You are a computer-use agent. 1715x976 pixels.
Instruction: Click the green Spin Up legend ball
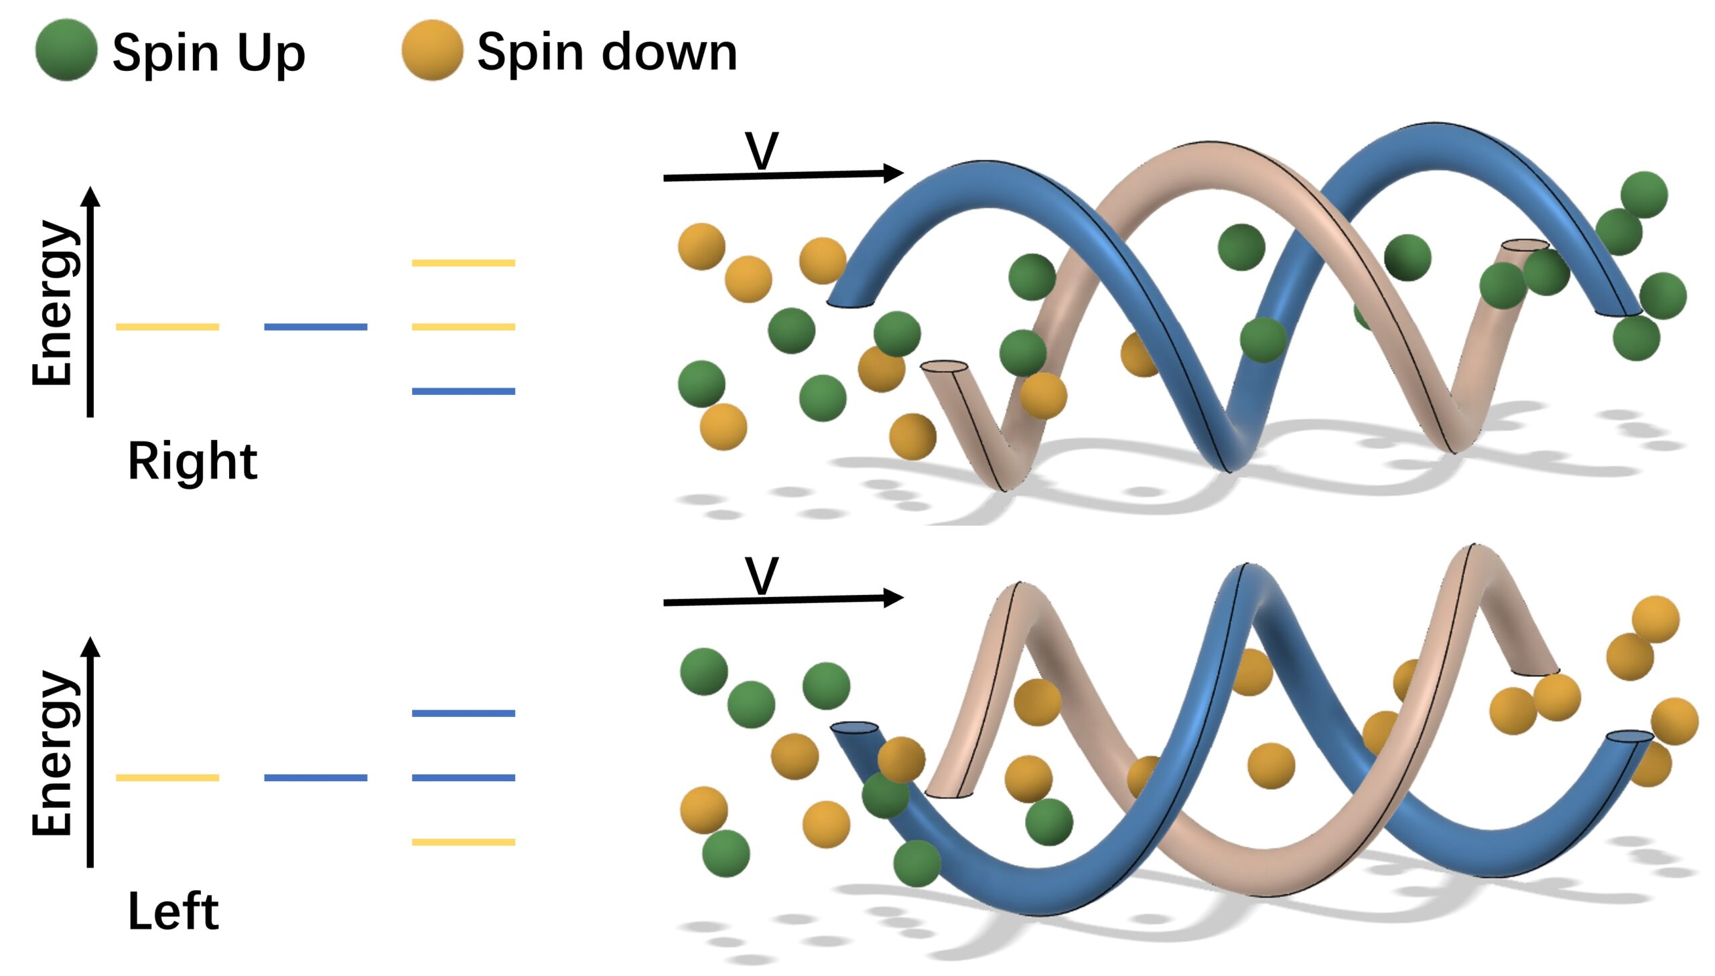pos(66,50)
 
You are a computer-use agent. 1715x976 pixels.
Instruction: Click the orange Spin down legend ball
pos(432,50)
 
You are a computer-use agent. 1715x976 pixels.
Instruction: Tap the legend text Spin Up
pos(208,52)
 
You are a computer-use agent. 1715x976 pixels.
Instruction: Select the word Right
pos(192,462)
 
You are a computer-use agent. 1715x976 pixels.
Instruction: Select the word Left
pos(173,912)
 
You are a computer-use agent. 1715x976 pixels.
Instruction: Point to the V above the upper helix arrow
pos(762,151)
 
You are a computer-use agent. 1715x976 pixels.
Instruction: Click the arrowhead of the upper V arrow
pos(895,173)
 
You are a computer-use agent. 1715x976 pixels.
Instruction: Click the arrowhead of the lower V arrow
pos(895,597)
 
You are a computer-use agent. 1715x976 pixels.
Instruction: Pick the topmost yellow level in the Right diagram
pos(464,263)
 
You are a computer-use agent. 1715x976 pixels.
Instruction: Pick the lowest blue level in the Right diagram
pos(464,391)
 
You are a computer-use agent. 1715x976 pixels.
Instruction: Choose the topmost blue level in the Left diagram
pos(464,713)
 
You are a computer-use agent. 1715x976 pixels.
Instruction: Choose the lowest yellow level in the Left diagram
pos(464,842)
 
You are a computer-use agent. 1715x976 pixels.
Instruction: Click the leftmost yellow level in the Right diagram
pos(167,327)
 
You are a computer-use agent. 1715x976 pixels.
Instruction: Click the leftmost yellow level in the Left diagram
pos(167,778)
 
